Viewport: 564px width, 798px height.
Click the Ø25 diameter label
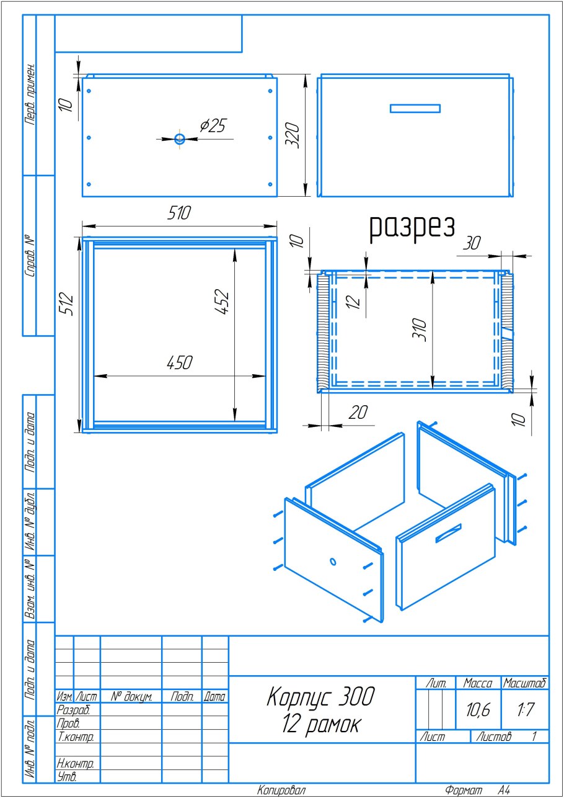click(x=213, y=125)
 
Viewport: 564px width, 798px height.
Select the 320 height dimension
click(x=293, y=135)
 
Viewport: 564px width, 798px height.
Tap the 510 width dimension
click(x=179, y=213)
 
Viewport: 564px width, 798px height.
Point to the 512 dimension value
click(x=66, y=303)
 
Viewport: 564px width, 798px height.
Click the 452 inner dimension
click(x=222, y=302)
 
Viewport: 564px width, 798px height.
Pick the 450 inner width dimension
click(x=180, y=362)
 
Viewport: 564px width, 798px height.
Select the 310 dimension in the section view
click(x=420, y=330)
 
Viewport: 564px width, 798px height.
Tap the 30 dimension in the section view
click(x=472, y=243)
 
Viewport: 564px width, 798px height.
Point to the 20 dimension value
click(x=358, y=412)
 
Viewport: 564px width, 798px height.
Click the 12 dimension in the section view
click(x=353, y=302)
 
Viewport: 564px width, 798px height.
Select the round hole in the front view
click(x=180, y=138)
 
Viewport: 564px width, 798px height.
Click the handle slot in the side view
click(x=415, y=109)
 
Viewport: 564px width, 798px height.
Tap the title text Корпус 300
click(x=320, y=696)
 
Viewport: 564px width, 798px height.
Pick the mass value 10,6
click(x=478, y=710)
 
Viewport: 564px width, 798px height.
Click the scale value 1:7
click(x=525, y=709)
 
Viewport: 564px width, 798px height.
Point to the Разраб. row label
click(x=73, y=710)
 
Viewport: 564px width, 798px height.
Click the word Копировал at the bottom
click(x=281, y=790)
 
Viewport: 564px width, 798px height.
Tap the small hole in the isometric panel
click(x=333, y=562)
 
